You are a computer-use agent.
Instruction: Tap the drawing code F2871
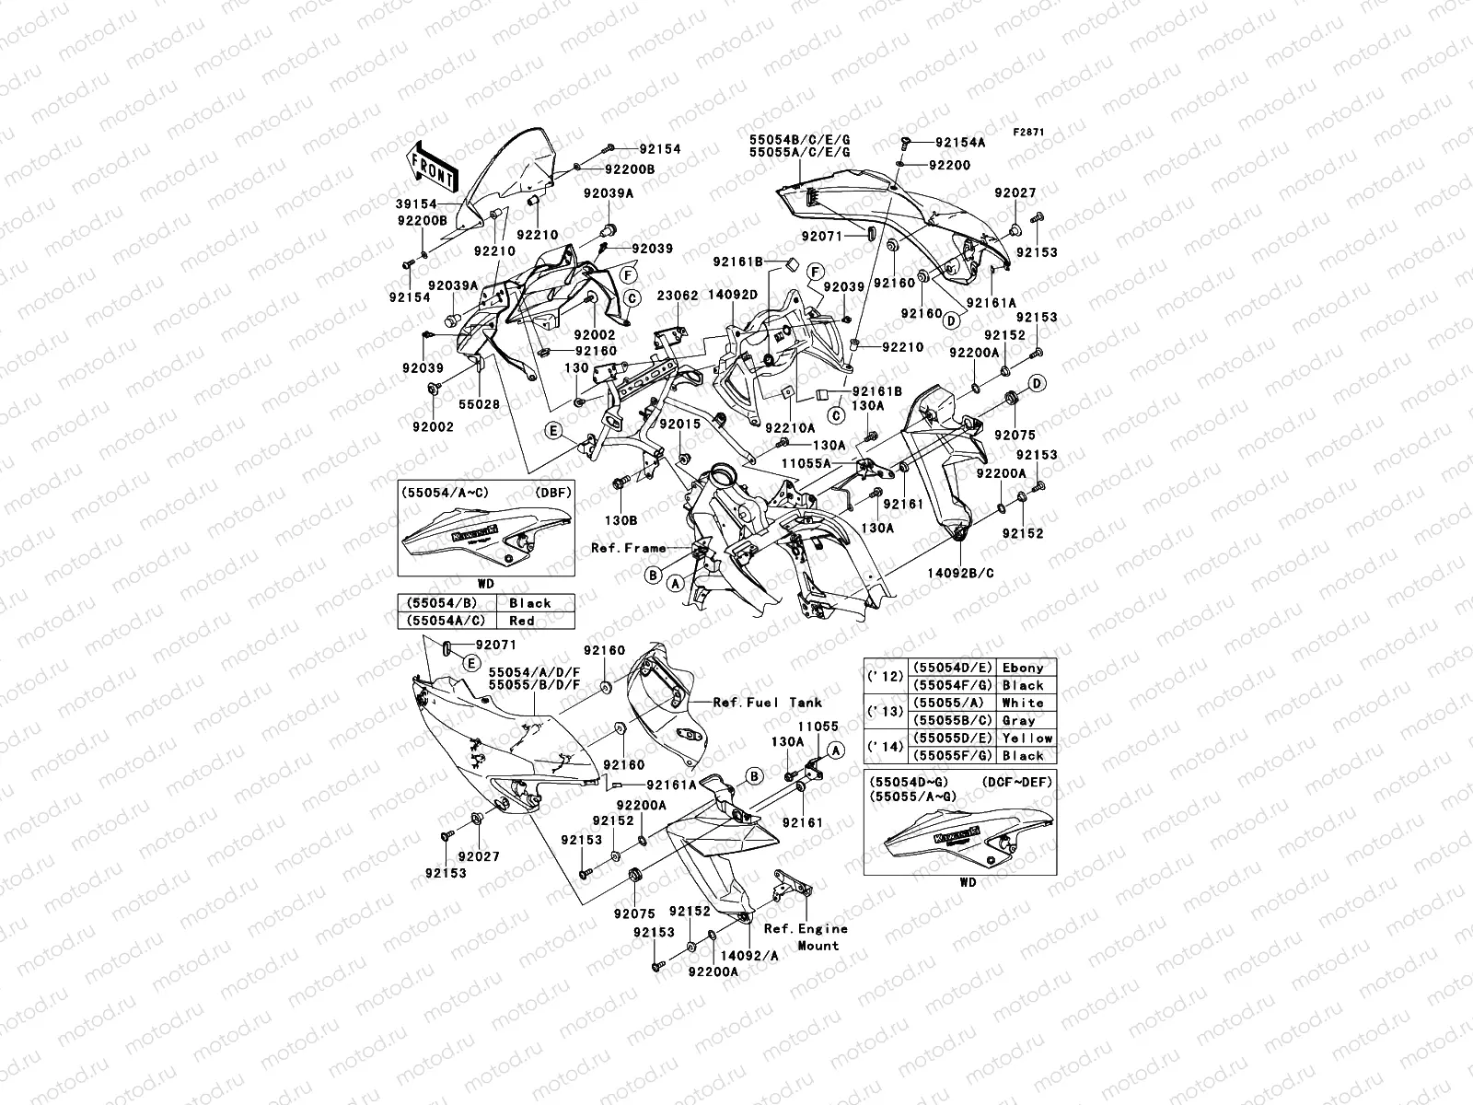(1029, 132)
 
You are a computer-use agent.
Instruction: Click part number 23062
(677, 297)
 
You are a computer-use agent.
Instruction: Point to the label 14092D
(733, 297)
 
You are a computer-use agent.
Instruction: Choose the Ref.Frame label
(628, 548)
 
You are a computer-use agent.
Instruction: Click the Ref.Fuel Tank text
(767, 702)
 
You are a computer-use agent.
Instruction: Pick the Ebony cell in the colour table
(1023, 668)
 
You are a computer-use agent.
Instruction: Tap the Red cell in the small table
(522, 621)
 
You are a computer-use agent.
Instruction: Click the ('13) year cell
(885, 711)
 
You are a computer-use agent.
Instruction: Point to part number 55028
(479, 405)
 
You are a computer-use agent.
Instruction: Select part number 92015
(679, 425)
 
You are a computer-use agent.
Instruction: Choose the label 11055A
(806, 463)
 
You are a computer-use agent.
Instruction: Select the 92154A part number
(960, 143)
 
